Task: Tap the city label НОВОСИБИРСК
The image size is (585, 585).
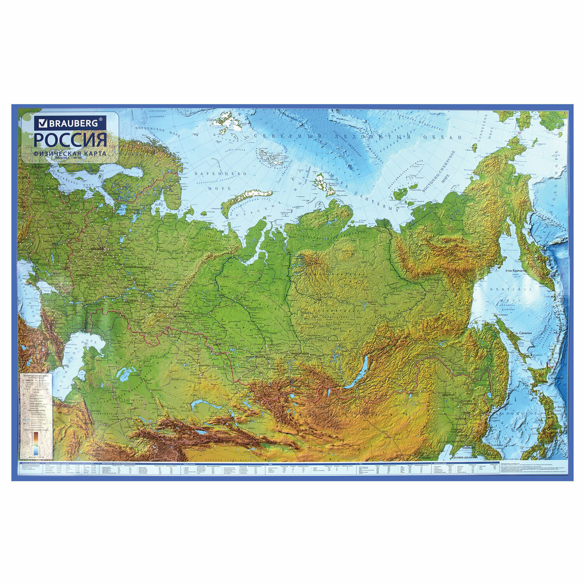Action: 256,356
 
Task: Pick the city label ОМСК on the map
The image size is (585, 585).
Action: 213,345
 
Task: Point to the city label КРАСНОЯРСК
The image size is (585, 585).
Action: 303,353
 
